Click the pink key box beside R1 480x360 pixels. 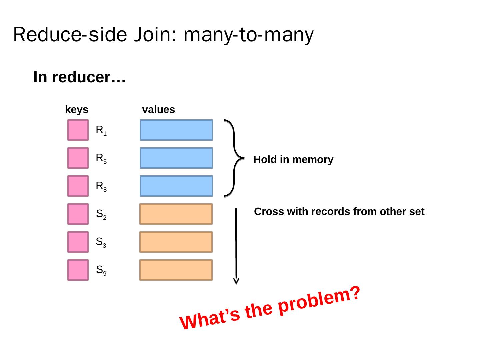pyautogui.click(x=78, y=130)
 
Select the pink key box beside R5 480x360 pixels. pyautogui.click(x=78, y=158)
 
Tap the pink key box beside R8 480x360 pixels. pyautogui.click(x=78, y=186)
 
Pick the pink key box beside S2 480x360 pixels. pyautogui.click(x=78, y=214)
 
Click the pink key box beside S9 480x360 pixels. pyautogui.click(x=78, y=270)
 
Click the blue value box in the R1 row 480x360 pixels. pyautogui.click(x=176, y=130)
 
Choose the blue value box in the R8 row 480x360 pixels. pyautogui.click(x=176, y=186)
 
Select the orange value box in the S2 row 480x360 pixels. pyautogui.click(x=176, y=214)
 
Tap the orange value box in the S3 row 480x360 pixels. pyautogui.click(x=176, y=242)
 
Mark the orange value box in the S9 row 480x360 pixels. pyautogui.click(x=176, y=270)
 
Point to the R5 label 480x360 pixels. pyautogui.click(x=101, y=159)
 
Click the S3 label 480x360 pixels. pyautogui.click(x=101, y=242)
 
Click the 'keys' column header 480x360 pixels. pyautogui.click(x=77, y=110)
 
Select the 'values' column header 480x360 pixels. pyautogui.click(x=158, y=110)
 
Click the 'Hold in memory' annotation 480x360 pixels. pyautogui.click(x=293, y=160)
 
